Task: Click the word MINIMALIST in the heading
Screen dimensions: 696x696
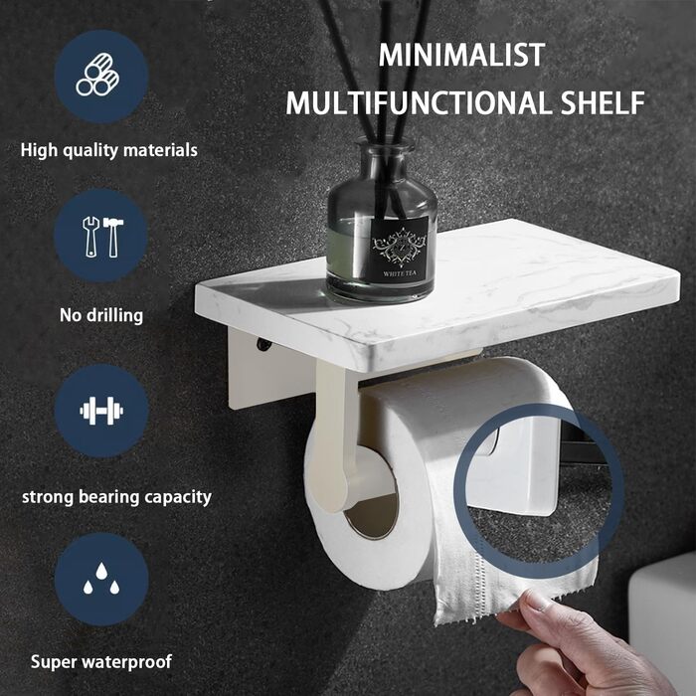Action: pyautogui.click(x=461, y=55)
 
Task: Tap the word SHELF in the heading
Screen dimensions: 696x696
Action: pyautogui.click(x=603, y=103)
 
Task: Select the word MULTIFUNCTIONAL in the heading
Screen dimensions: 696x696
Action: pyautogui.click(x=419, y=103)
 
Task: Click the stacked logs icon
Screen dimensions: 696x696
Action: pyautogui.click(x=97, y=75)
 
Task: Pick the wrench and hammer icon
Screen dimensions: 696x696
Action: pyautogui.click(x=103, y=237)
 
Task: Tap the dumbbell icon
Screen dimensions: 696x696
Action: pyautogui.click(x=101, y=411)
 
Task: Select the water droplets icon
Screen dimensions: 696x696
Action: pyautogui.click(x=101, y=578)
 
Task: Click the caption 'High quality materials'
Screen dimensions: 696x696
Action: pyautogui.click(x=108, y=150)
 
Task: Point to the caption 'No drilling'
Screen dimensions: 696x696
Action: pyautogui.click(x=101, y=315)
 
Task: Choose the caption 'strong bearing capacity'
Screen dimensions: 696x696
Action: pyautogui.click(x=116, y=497)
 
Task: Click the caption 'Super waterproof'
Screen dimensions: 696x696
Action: pyautogui.click(x=101, y=662)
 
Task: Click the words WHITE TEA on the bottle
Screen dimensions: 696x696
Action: pyautogui.click(x=400, y=273)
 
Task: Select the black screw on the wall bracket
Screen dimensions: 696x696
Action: pyautogui.click(x=262, y=344)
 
